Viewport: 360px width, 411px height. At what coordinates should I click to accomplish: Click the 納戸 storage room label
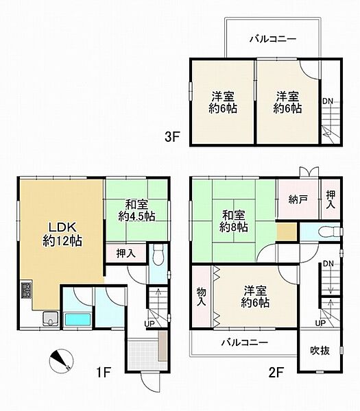(x=297, y=199)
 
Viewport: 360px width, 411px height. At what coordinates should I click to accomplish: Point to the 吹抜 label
(x=320, y=351)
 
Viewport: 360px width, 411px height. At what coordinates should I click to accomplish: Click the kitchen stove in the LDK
(x=25, y=291)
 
